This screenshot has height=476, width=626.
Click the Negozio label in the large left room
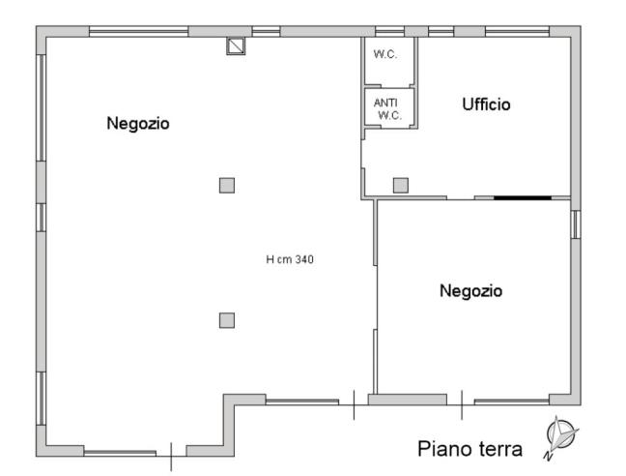coord(138,123)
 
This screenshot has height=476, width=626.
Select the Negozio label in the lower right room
coord(470,290)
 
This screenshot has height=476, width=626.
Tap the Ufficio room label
coord(486,104)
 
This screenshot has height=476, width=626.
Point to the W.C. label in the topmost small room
coord(385,53)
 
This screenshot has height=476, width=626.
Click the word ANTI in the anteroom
coord(385,103)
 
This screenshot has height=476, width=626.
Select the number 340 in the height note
coord(303,259)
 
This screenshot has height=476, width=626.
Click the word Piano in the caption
coord(442,450)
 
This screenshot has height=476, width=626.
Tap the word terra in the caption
coord(499,450)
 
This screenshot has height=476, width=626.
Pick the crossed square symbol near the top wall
coord(236,45)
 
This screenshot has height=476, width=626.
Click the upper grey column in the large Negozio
coord(227,185)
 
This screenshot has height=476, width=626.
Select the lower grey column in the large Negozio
coord(227,320)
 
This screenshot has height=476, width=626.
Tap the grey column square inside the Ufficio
coord(400,185)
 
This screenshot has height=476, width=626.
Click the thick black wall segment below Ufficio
coord(523,197)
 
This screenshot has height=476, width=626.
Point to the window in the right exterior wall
coord(576,224)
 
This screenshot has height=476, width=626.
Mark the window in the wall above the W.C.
coord(389,31)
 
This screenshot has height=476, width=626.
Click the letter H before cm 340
coord(270,259)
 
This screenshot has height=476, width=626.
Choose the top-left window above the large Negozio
coord(138,31)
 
